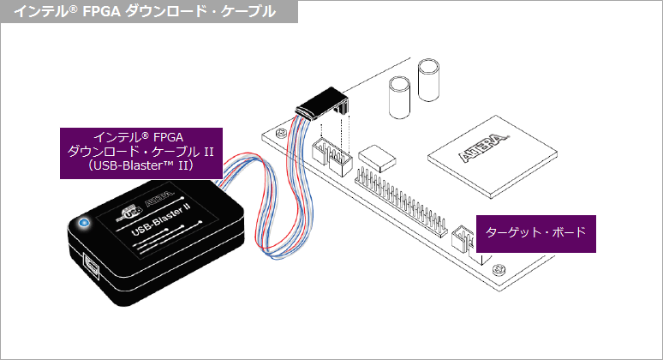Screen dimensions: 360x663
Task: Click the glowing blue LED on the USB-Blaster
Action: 84,224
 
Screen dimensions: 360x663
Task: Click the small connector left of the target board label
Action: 462,237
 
